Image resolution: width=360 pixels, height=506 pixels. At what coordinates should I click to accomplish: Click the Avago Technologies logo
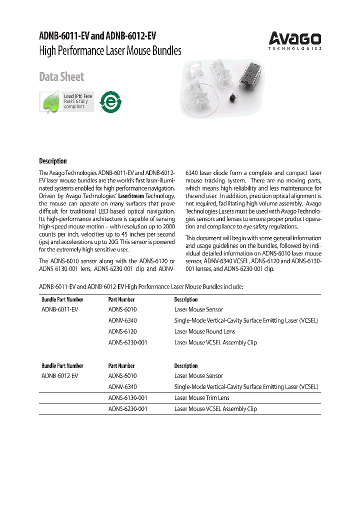295,40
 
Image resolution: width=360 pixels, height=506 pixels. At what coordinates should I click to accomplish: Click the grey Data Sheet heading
61,77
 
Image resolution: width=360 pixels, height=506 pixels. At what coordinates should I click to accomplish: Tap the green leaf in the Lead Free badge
50,102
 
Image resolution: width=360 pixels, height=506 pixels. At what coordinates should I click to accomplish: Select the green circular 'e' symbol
110,101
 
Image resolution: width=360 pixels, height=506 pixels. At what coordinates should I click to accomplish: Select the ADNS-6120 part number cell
122,331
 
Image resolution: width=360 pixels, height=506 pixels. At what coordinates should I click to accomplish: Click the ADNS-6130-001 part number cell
127,398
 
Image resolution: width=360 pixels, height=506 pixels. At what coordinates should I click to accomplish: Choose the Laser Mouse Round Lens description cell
204,331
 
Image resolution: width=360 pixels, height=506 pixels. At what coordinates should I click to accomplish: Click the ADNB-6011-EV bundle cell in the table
59,309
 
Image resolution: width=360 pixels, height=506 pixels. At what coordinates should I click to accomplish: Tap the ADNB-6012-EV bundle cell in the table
59,375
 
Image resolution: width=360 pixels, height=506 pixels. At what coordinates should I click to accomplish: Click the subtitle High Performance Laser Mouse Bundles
110,51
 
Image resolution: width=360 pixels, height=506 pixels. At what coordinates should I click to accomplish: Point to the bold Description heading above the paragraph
53,161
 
